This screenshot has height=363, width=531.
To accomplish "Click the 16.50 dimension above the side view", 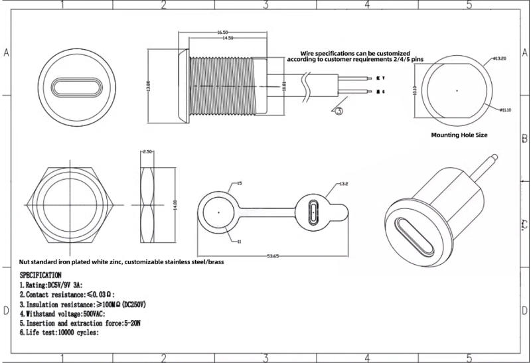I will click(x=222, y=32).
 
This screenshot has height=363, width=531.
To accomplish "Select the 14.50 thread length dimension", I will click(x=228, y=38).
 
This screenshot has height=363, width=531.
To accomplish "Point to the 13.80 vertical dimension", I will click(x=148, y=86).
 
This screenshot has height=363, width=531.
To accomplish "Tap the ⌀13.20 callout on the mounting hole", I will click(x=500, y=58).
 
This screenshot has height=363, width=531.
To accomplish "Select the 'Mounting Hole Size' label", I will click(x=459, y=135).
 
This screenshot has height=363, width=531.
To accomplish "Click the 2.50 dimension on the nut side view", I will click(x=149, y=152).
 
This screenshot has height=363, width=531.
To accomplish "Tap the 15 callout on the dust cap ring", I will click(x=240, y=182).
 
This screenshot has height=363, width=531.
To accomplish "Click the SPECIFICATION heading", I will click(x=40, y=274).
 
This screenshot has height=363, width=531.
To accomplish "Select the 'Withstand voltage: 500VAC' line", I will click(x=62, y=313).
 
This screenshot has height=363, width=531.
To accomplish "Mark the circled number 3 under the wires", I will click(x=339, y=111).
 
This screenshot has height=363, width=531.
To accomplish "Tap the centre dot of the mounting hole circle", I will click(x=457, y=90).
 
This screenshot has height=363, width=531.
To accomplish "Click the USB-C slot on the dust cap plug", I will click(x=314, y=213).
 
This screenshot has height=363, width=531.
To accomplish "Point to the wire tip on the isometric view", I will click(x=494, y=157).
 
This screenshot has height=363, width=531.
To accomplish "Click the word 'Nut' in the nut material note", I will click(x=25, y=262).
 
